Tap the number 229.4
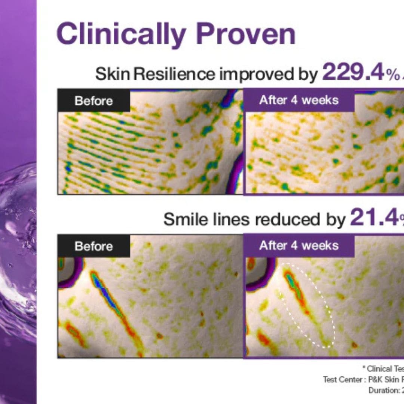[353, 73]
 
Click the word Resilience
[174, 74]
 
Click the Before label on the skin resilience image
[94, 101]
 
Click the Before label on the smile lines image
[94, 246]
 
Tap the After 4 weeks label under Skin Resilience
[299, 100]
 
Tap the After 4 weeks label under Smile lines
[299, 245]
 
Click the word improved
[250, 74]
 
